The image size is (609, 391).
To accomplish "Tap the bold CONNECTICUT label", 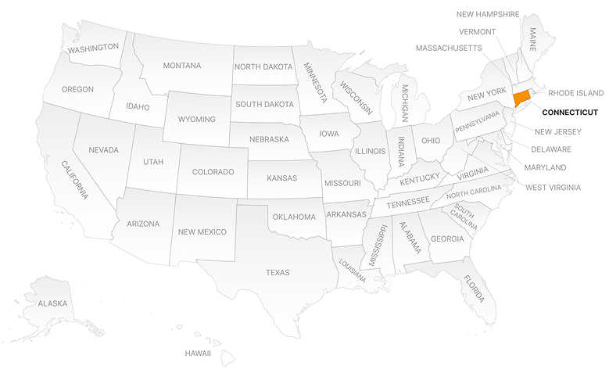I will coord(569,113).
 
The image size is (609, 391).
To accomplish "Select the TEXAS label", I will coord(278,273).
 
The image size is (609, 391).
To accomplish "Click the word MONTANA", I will coord(182,66).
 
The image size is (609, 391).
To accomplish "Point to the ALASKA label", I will coord(53,303).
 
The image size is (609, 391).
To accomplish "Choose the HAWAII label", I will coord(198,353).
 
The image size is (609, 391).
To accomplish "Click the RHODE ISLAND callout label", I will coord(575,93).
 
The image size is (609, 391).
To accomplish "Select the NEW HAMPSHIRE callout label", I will coord(487,13).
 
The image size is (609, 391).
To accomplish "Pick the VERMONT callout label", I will coord(477,32).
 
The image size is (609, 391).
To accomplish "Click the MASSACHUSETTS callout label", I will coord(448,48).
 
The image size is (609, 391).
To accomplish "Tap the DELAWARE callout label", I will coord(550,149).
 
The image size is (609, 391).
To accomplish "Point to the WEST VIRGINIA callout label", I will coord(553,188).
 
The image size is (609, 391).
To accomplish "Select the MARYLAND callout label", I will coord(546,168).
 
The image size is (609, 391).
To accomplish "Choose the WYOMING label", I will coord(196,120).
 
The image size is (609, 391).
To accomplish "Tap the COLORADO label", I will coord(213,172).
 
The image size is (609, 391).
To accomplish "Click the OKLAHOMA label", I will coord(293,217).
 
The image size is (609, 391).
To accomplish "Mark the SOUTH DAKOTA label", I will coord(264,105).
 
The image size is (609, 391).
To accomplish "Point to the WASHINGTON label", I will coord(93,48).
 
